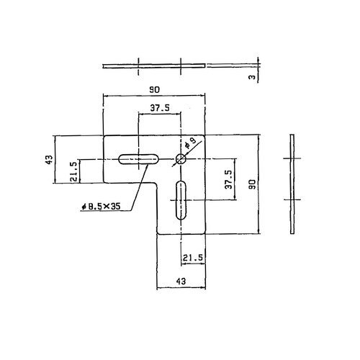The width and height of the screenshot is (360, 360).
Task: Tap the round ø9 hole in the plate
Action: pyautogui.click(x=180, y=159)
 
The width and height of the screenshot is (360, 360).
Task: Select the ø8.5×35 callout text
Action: pyautogui.click(x=101, y=207)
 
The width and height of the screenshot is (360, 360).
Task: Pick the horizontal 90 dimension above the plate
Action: pyautogui.click(x=153, y=89)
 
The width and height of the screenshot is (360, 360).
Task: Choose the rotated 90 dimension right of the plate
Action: pyautogui.click(x=252, y=184)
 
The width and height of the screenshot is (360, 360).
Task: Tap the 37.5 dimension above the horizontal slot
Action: pyautogui.click(x=159, y=109)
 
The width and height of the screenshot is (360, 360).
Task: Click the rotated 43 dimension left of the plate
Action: pyautogui.click(x=48, y=159)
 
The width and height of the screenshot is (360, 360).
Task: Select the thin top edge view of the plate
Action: pyautogui.click(x=153, y=66)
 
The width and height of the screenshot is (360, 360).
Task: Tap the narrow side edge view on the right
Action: pyautogui.click(x=292, y=183)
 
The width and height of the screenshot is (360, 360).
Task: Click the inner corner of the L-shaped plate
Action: pyautogui.click(x=157, y=183)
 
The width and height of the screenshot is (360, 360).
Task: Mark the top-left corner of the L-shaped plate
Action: pyautogui.click(x=104, y=135)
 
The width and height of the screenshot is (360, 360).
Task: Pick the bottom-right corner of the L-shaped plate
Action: pyautogui.click(x=206, y=233)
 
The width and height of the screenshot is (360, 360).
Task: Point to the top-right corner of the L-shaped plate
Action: pyautogui.click(x=206, y=135)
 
